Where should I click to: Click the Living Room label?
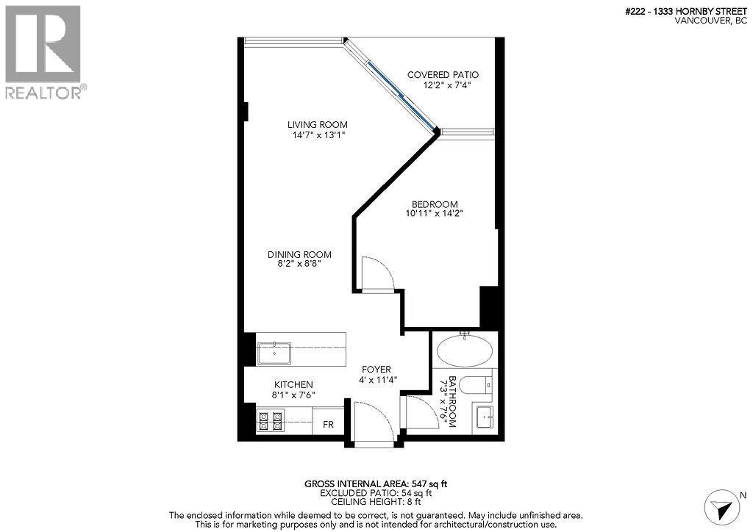pos(317,124)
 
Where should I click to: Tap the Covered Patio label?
pos(443,75)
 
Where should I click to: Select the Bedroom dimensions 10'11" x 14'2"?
pos(434,214)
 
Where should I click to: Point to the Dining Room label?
pos(299,254)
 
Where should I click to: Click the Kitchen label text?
pos(293,384)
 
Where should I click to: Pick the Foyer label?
pos(376,369)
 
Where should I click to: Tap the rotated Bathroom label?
pos(452,402)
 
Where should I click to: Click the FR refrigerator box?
pos(328,424)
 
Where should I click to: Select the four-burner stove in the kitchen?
pos(269,421)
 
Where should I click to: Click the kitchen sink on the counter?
pos(274,353)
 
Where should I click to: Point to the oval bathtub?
pos(465,351)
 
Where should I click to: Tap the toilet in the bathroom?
pos(479,384)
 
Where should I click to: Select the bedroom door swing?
pos(378,273)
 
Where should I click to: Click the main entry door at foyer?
pos(374,423)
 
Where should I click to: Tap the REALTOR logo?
pos(43,51)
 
